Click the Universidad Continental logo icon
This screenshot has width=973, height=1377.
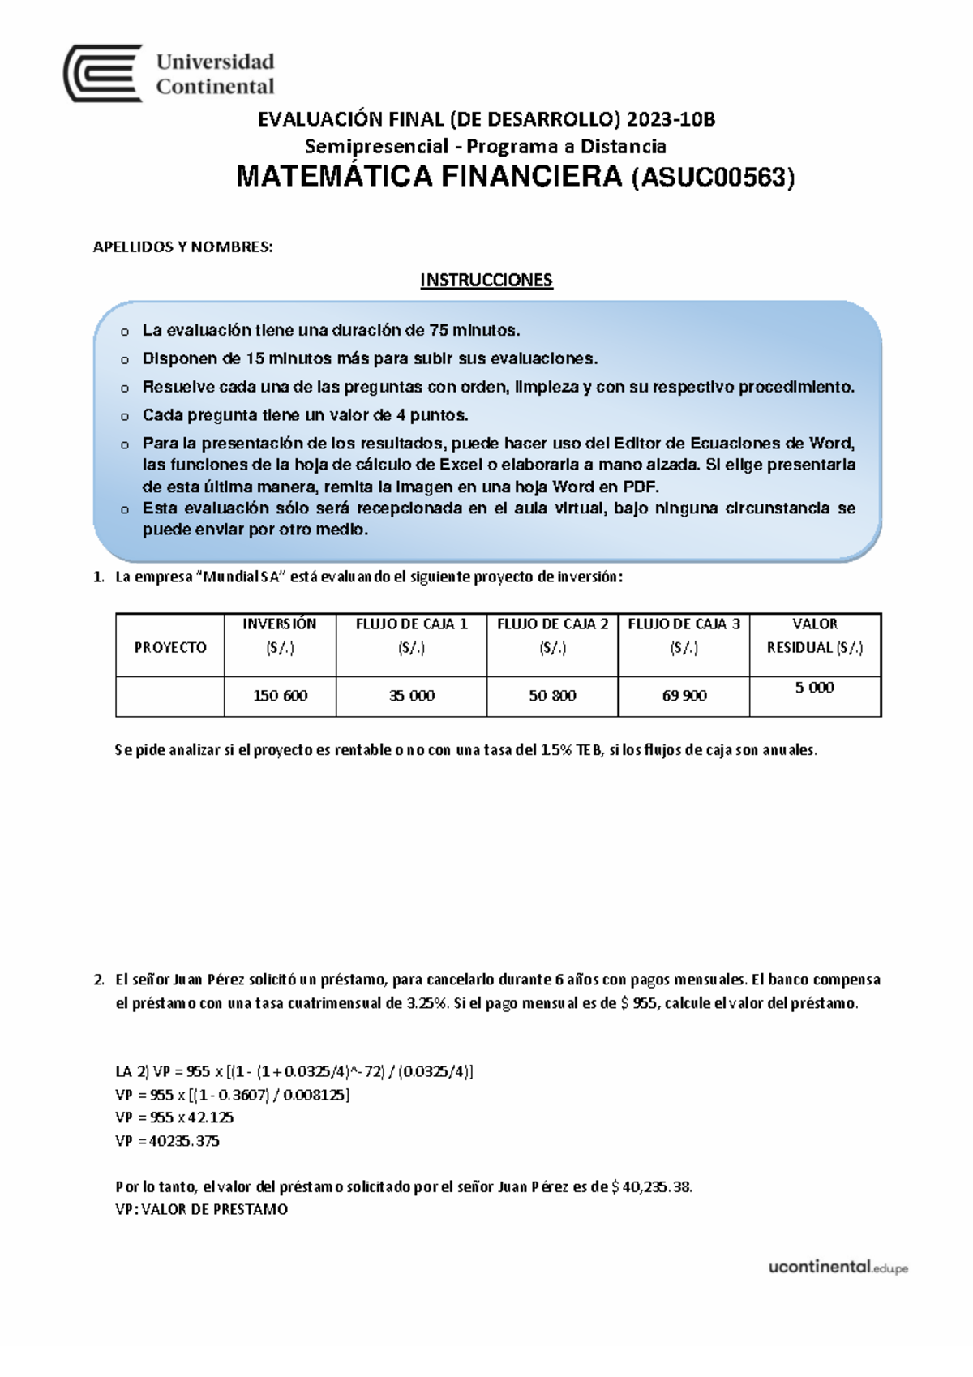(x=103, y=73)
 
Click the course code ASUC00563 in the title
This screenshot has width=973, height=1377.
(x=713, y=178)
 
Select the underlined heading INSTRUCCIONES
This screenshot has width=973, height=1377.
(x=486, y=281)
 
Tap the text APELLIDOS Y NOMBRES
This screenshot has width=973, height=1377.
(x=182, y=247)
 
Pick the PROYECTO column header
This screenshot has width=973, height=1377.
(x=170, y=647)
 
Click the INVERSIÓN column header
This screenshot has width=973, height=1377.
(x=280, y=635)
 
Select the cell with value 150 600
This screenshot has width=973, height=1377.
(x=281, y=696)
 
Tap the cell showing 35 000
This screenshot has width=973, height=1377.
(x=412, y=696)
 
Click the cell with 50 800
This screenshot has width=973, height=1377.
(x=552, y=696)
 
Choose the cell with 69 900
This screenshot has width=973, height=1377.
(x=684, y=696)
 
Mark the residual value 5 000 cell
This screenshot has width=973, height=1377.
(x=814, y=688)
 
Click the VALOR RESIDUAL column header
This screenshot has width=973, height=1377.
(x=815, y=635)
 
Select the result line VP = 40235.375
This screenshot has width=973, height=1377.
(x=168, y=1141)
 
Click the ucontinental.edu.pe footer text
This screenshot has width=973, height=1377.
(x=838, y=1267)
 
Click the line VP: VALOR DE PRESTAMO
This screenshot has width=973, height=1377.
(x=202, y=1209)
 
